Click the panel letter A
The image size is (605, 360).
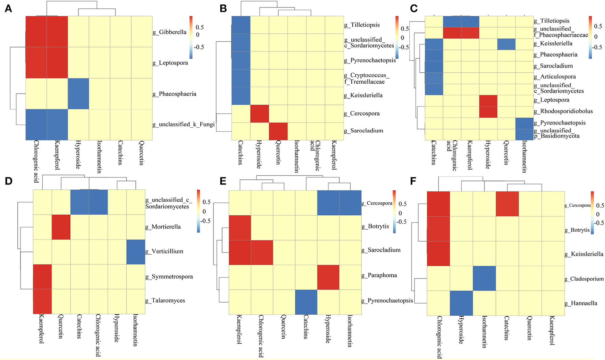pos(8,9)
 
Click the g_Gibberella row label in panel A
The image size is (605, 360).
pos(169,32)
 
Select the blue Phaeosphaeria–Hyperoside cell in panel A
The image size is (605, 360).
pos(78,94)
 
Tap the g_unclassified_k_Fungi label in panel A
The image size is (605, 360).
pos(183,125)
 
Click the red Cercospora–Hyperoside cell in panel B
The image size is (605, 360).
pos(259,114)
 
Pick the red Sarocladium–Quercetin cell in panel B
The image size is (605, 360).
pos(278,131)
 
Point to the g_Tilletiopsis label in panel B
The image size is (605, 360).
pos(362,25)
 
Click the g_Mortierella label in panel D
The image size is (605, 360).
pos(163,227)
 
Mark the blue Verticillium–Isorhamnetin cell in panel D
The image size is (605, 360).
pos(136,252)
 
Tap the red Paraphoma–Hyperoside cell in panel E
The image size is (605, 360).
pos(328,277)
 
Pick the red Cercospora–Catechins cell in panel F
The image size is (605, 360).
pos(507,204)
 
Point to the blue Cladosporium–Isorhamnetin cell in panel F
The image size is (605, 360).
pos(484,278)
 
